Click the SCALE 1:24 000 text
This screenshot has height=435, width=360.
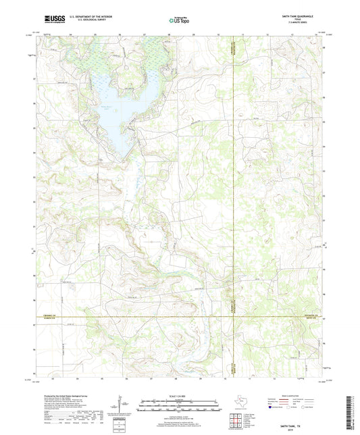point(179,396)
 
